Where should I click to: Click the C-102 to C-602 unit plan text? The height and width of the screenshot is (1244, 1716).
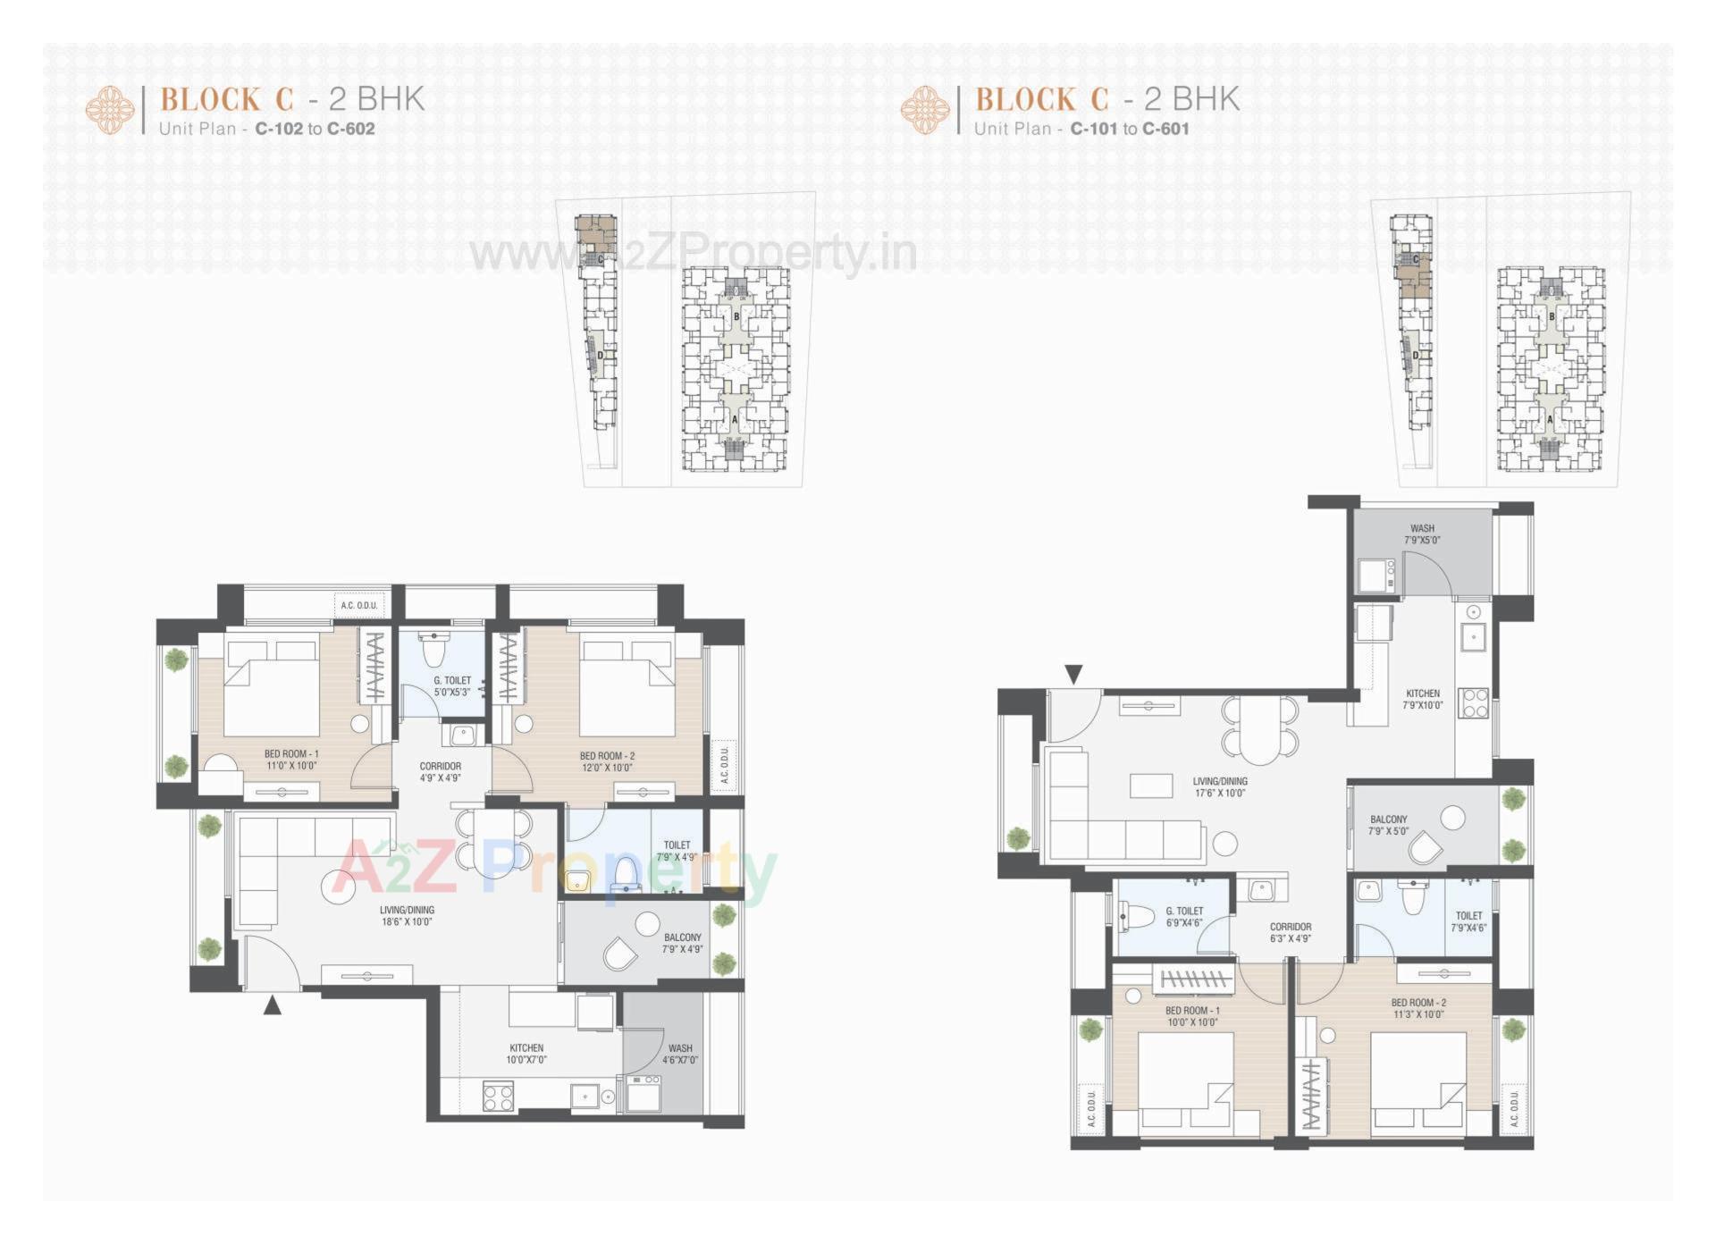point(315,129)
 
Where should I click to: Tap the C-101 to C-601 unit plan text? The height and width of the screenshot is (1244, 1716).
point(1130,129)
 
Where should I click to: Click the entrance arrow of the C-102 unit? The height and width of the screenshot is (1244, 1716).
point(273,1005)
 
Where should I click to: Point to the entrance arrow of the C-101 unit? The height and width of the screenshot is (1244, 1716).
point(1074,674)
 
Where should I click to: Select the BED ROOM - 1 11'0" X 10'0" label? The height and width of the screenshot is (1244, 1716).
point(291,760)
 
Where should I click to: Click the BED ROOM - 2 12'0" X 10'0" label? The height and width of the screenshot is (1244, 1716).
point(607,761)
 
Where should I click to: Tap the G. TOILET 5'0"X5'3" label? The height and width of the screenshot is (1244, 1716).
point(452,685)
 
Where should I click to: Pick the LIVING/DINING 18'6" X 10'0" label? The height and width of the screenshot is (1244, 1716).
point(407,916)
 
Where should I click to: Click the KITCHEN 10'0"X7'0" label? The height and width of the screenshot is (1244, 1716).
point(526,1054)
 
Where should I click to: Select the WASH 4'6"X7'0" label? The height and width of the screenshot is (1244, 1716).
point(680,1054)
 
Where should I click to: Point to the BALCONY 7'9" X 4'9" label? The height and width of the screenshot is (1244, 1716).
point(683,943)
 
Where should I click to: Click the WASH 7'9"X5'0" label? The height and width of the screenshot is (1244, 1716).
point(1422,534)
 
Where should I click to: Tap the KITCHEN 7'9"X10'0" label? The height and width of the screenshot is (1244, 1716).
point(1423,699)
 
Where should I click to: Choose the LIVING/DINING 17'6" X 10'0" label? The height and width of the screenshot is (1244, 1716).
point(1220,786)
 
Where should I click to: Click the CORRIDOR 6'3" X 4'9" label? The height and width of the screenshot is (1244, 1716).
point(1291,933)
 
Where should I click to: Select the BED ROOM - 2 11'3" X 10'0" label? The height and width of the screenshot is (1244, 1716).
point(1418,1008)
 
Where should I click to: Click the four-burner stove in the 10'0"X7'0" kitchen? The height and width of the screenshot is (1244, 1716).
point(498,1096)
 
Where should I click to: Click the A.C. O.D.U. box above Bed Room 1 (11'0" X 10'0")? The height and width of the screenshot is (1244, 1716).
point(359,605)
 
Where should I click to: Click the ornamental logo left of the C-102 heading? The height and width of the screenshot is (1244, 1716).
point(110,110)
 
